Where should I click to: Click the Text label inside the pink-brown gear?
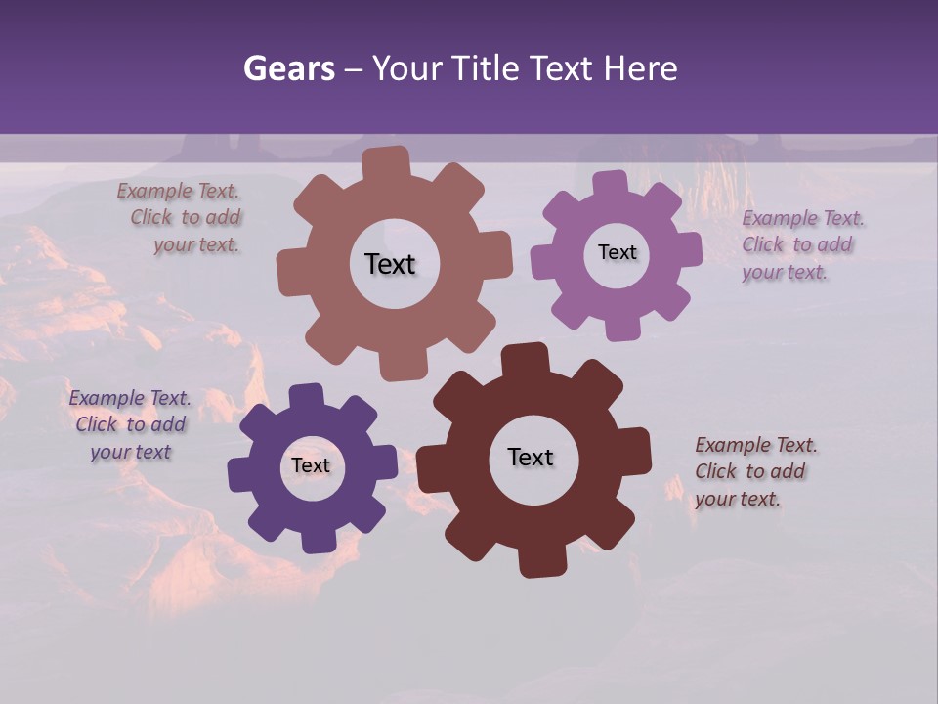(x=390, y=264)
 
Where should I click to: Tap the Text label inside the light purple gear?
(x=617, y=252)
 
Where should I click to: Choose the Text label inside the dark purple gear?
(x=311, y=465)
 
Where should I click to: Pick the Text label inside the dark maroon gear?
(x=531, y=457)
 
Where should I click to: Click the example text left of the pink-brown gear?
(x=181, y=218)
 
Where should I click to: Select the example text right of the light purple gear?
(x=801, y=244)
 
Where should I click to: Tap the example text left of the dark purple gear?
(x=130, y=424)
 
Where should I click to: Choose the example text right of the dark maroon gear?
(x=754, y=471)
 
